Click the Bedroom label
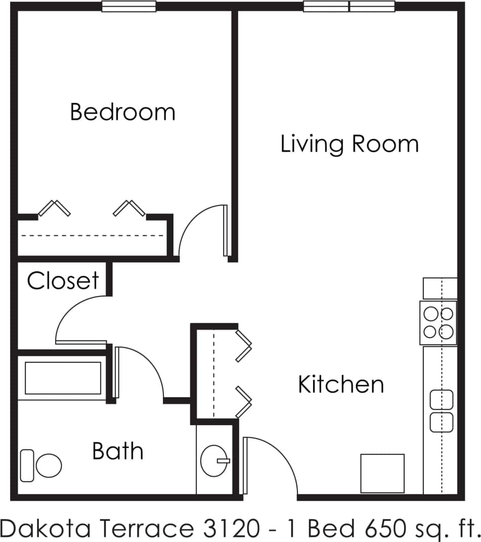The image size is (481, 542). [x=122, y=112]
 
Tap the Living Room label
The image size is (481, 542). [x=349, y=144]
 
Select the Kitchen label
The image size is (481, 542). [x=341, y=384]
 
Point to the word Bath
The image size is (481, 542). [x=118, y=450]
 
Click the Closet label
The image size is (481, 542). [x=63, y=280]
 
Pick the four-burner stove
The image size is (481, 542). [x=439, y=323]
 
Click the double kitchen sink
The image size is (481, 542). [x=441, y=411]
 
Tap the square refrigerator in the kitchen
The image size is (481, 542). [x=382, y=473]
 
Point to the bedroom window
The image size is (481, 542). [x=129, y=7]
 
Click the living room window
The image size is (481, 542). [x=349, y=7]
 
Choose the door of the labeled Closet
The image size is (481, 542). [x=81, y=321]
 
